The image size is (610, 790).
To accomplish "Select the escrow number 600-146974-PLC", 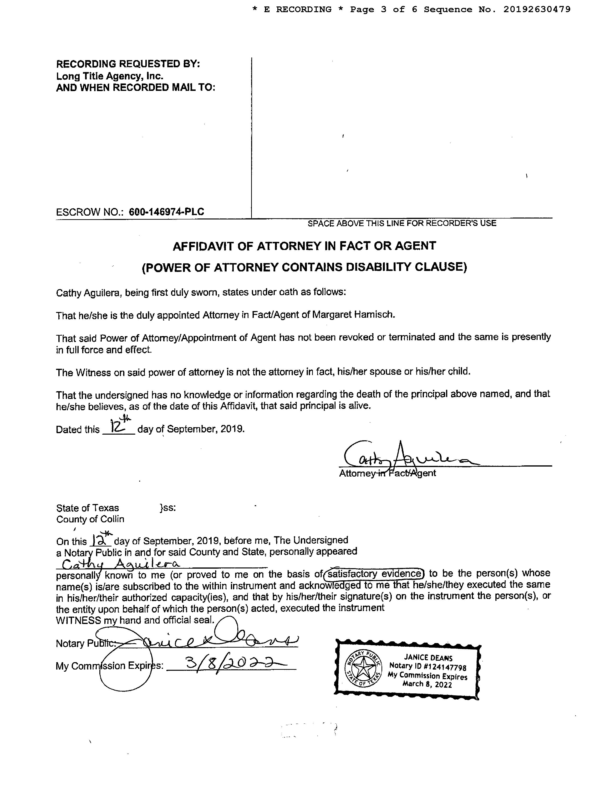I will click(166, 212).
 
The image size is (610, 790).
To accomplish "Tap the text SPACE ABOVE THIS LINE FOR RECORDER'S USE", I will click(402, 223).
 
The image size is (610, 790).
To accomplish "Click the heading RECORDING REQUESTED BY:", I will click(128, 64).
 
